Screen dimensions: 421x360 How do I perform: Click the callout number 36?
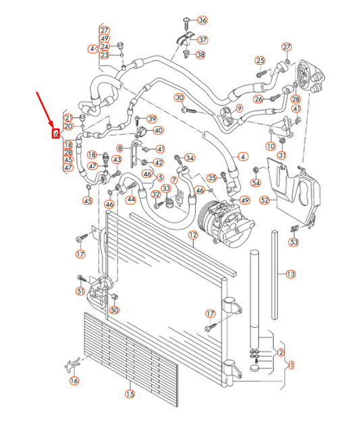pyautogui.click(x=203, y=20)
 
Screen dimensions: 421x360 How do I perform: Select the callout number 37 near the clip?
pyautogui.click(x=203, y=40)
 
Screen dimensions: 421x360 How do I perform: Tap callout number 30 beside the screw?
pyautogui.click(x=180, y=98)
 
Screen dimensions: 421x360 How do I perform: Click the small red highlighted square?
pyautogui.click(x=55, y=133)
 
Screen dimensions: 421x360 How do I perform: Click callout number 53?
pyautogui.click(x=294, y=242)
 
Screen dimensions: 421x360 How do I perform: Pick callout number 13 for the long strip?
pyautogui.click(x=290, y=274)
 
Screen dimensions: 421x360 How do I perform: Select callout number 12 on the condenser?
pyautogui.click(x=192, y=235)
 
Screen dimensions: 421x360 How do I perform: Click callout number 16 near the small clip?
pyautogui.click(x=74, y=381)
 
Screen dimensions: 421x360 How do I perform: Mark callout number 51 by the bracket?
pyautogui.click(x=80, y=291)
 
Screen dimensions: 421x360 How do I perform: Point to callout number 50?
pyautogui.click(x=114, y=310)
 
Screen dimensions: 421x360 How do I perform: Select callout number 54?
pyautogui.click(x=256, y=183)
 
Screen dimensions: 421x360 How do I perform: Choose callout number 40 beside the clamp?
pyautogui.click(x=157, y=130)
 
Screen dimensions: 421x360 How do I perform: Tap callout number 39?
pyautogui.click(x=151, y=119)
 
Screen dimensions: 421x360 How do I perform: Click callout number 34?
pyautogui.click(x=190, y=158)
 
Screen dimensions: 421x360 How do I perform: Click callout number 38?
pyautogui.click(x=201, y=54)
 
